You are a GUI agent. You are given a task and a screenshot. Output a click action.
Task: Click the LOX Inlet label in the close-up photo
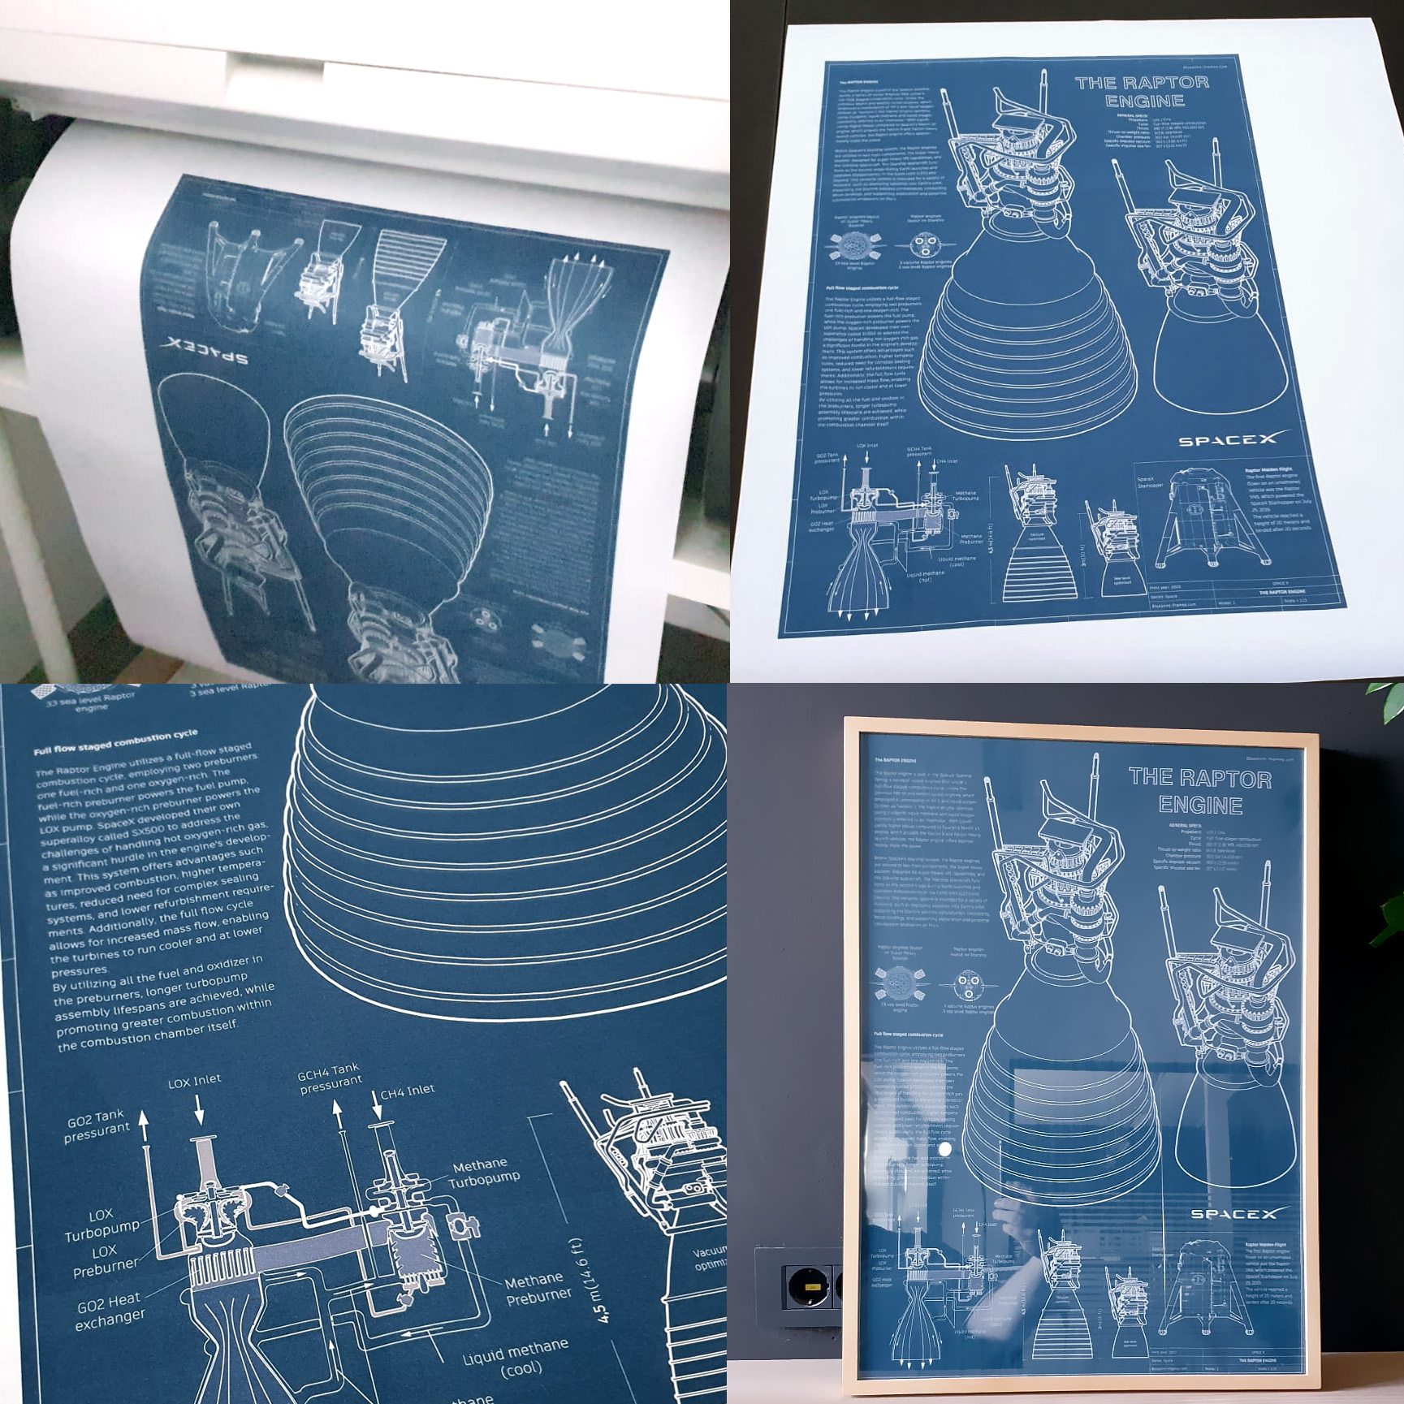pos(194,1081)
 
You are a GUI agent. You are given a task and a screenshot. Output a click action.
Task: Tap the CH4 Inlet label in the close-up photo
pos(407,1092)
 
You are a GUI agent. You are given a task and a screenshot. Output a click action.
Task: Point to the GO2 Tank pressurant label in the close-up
pos(97,1125)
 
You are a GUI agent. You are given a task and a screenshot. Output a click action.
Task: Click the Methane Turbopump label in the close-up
pos(485,1173)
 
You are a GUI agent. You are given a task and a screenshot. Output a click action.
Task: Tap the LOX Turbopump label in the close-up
pos(102,1224)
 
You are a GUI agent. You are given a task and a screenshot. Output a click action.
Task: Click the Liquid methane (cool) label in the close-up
pos(516,1359)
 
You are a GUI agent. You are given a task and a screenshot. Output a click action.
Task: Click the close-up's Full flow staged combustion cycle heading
pos(115,742)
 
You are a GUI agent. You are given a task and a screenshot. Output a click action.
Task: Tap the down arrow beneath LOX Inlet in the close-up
pos(199,1110)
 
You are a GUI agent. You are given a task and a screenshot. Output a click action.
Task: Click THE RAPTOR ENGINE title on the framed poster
pos(1200,792)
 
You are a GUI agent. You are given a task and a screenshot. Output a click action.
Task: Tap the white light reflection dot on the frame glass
pos(944,1149)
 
